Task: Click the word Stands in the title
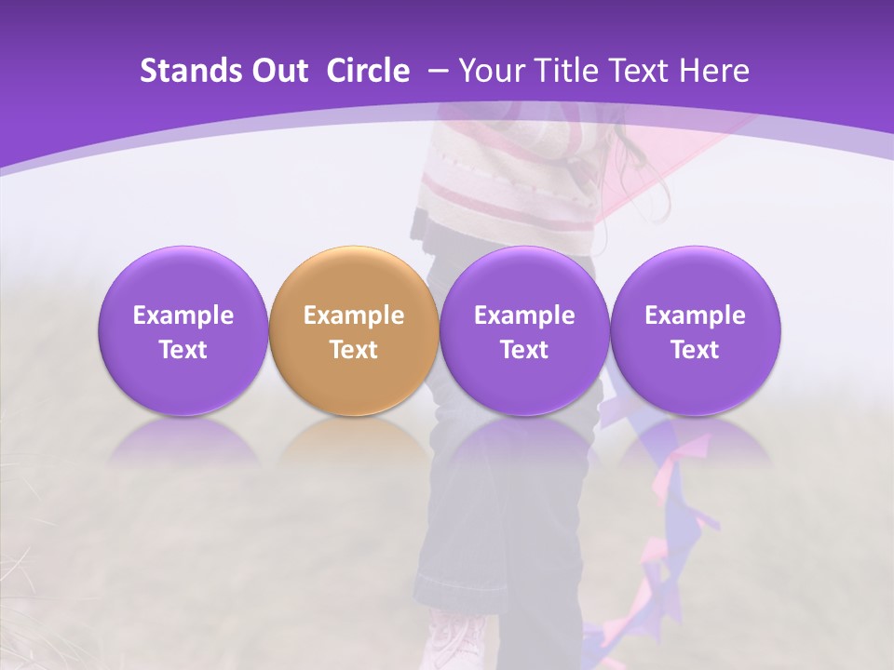(183, 71)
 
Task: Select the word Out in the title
(278, 71)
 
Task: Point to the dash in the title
(436, 72)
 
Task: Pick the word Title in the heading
(563, 71)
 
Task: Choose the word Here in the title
(717, 71)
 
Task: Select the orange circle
(353, 330)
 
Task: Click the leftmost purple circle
(183, 330)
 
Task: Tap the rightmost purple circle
(695, 330)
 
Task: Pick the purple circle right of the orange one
(523, 330)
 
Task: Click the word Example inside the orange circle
(354, 315)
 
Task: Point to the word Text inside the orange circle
(354, 350)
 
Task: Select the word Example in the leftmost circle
(183, 315)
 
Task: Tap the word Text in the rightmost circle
(695, 350)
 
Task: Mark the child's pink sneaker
(456, 642)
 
